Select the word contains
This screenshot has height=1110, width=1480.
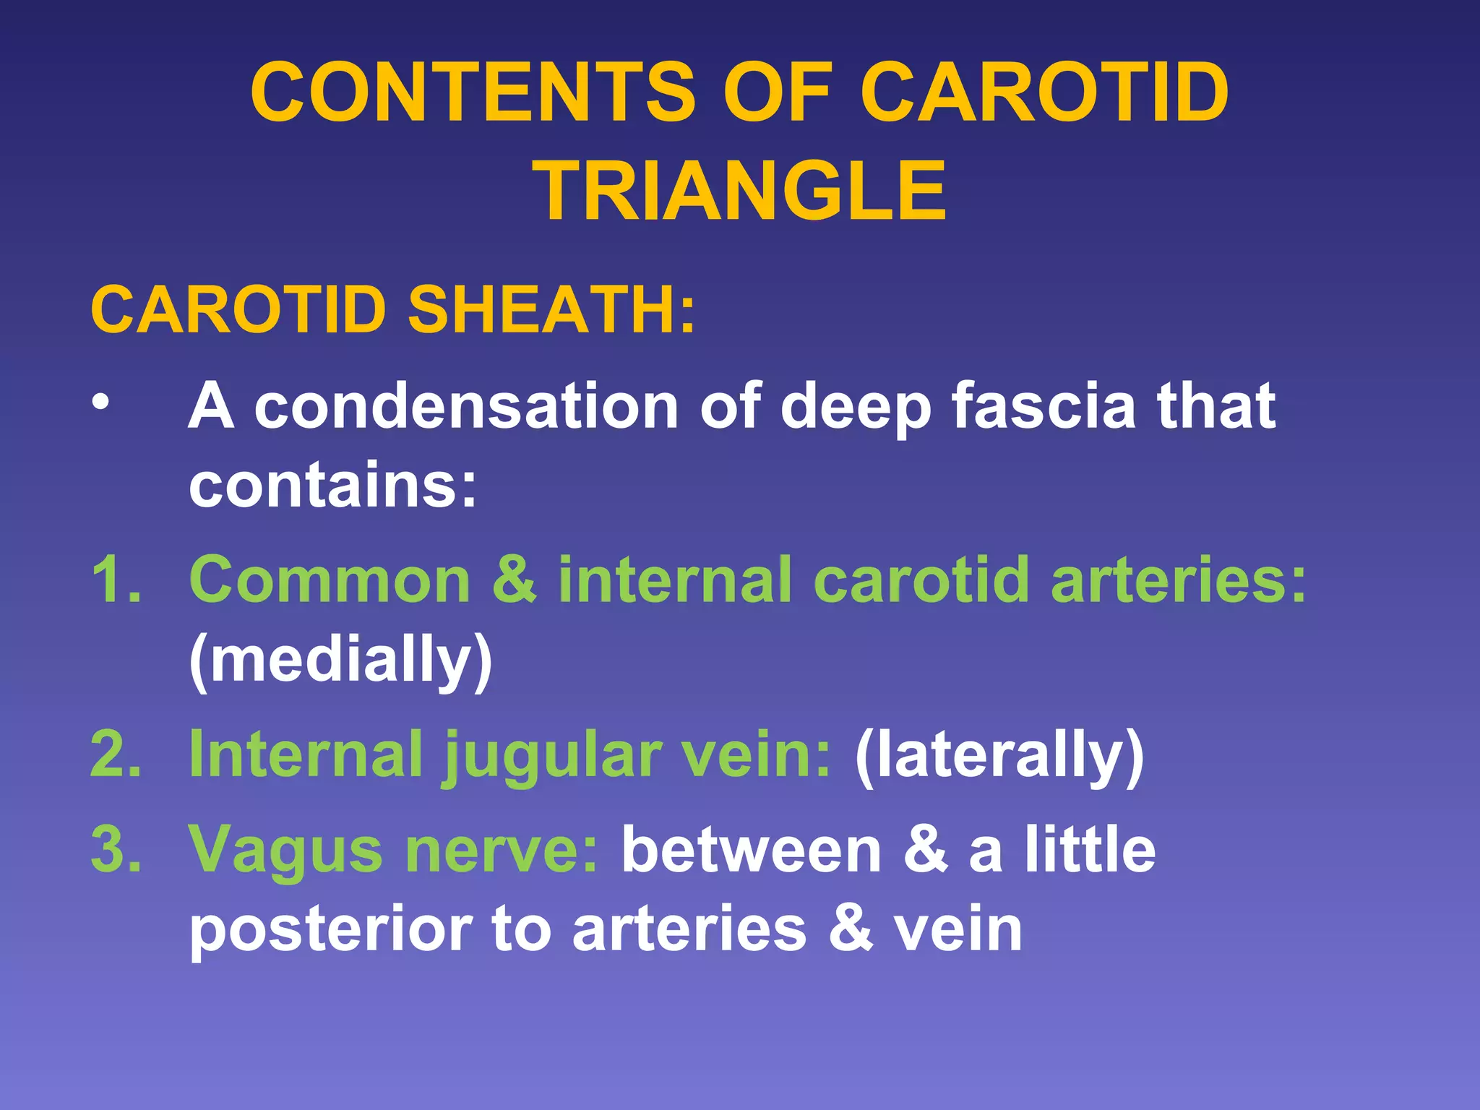[x=332, y=485]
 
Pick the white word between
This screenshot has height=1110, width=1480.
[x=752, y=850]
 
